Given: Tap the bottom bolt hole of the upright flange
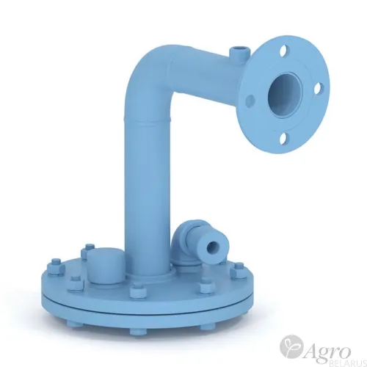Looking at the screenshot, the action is point(284,139).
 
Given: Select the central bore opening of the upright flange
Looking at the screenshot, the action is point(285,95).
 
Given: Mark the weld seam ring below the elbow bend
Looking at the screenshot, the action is point(148,120).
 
